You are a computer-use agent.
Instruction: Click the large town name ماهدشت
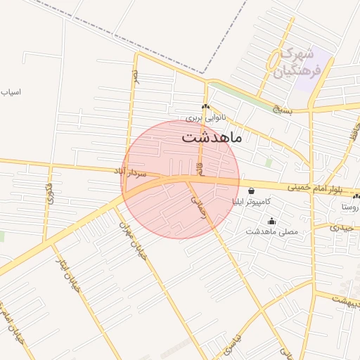point(212,136)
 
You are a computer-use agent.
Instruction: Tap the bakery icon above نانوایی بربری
point(205,107)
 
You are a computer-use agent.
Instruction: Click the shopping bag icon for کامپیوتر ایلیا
point(252,191)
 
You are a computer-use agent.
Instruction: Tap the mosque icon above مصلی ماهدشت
point(272,221)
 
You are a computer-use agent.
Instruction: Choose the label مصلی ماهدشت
point(272,231)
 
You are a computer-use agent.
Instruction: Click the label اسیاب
point(11,92)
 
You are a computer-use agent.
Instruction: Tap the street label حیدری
point(344,228)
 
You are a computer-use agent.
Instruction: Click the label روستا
point(349,207)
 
